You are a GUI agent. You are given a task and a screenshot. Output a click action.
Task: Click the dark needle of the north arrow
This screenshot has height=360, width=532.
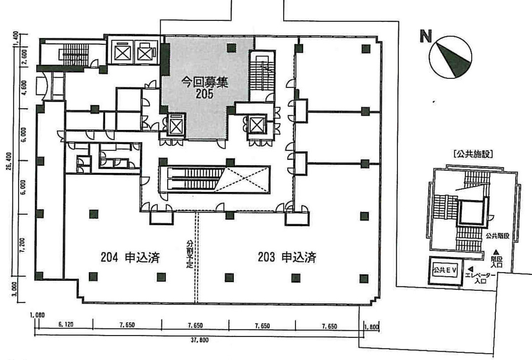tap(456, 59)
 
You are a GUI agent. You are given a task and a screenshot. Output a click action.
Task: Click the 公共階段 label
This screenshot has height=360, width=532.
tap(497, 236)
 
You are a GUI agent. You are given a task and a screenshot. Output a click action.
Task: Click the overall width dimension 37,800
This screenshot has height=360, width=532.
tap(196, 340)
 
